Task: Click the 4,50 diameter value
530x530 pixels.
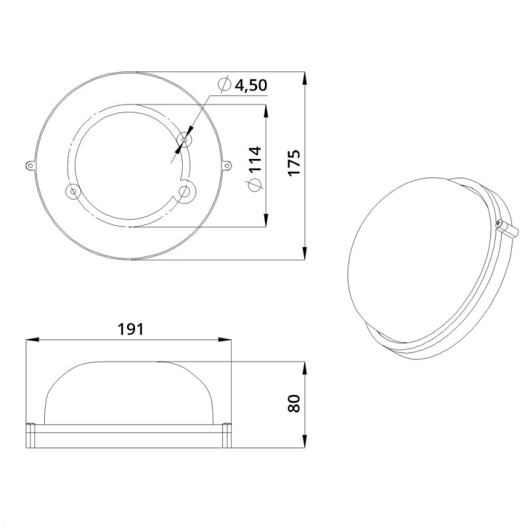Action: (251, 85)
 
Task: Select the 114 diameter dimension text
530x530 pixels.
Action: (254, 159)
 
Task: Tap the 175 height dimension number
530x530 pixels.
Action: (293, 162)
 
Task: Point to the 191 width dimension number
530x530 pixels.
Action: (131, 329)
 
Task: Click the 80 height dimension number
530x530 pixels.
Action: (293, 403)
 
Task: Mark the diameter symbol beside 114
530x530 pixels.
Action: (254, 185)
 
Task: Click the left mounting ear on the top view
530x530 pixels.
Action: (30, 165)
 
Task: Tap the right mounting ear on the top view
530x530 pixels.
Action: (227, 165)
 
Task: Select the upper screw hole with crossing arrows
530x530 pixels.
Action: (184, 139)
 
